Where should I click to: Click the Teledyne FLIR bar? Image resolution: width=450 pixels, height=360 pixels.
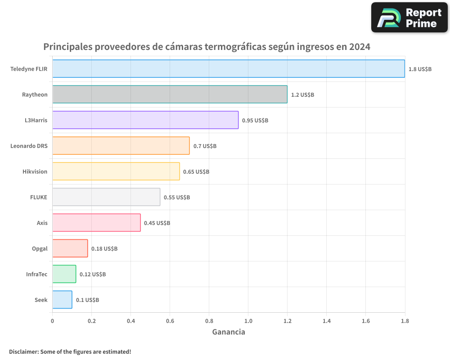(229, 68)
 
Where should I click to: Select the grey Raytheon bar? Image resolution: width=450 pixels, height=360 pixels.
(170, 94)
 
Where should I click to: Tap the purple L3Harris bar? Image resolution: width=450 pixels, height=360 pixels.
(145, 120)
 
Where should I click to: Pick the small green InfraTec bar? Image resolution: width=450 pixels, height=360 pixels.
(64, 274)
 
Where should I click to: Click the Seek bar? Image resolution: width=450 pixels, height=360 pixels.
(62, 300)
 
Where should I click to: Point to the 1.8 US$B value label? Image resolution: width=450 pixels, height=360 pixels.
(420, 69)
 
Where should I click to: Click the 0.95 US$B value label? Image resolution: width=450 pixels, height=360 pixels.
(255, 121)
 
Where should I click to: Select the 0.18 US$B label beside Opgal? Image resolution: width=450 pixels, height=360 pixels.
(104, 249)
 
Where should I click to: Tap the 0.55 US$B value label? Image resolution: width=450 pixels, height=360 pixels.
(177, 198)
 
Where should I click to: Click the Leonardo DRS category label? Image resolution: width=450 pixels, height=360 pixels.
(29, 146)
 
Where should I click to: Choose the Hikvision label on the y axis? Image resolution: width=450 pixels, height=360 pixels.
(35, 171)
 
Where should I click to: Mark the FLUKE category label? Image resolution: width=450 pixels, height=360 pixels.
(39, 197)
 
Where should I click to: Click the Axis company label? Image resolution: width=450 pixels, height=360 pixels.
(42, 223)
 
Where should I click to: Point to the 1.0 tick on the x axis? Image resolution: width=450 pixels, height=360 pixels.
(248, 321)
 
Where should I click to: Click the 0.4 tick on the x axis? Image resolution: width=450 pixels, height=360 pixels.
(131, 321)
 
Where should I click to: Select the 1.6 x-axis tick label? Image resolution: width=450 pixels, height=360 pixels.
(366, 321)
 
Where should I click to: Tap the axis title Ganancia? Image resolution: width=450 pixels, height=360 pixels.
(229, 332)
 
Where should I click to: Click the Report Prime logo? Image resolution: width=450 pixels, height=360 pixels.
(409, 18)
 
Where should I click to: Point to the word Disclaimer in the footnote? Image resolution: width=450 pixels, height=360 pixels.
(23, 351)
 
